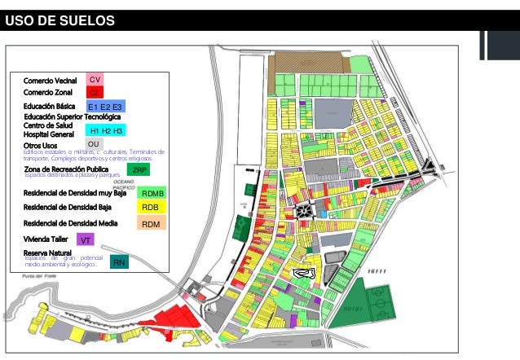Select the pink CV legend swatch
(x=95, y=80)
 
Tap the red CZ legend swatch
(x=95, y=93)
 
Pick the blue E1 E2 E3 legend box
(x=105, y=107)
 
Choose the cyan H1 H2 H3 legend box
(x=106, y=130)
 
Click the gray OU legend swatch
(x=94, y=144)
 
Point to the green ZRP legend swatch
(x=139, y=170)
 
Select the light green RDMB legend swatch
(x=152, y=193)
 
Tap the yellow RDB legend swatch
(x=151, y=208)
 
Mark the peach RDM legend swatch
(x=151, y=223)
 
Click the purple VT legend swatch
(x=86, y=240)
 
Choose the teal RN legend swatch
(x=119, y=262)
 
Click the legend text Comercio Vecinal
(x=50, y=80)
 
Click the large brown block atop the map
(x=311, y=62)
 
